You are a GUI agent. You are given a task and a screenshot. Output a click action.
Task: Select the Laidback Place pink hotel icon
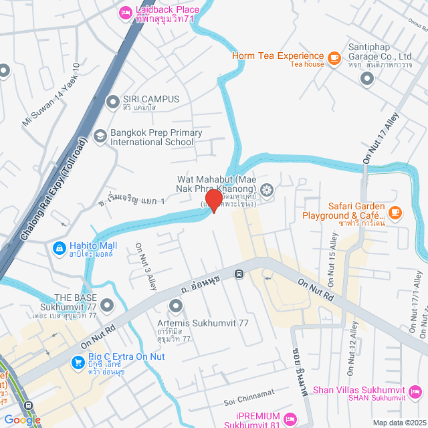coord(125,11)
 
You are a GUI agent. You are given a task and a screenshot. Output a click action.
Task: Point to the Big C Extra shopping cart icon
coord(79,362)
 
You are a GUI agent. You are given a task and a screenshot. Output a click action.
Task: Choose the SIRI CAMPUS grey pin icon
coord(112,102)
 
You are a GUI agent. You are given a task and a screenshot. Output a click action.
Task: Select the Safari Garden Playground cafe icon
coord(395,211)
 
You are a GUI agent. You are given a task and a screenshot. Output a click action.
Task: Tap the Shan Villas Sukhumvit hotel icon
coord(415,392)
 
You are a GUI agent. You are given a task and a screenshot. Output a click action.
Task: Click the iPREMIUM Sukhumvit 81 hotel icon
coord(290,419)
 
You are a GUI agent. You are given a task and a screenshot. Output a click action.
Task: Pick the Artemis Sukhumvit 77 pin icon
coord(176,306)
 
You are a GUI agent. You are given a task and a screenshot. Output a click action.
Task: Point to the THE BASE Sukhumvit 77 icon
coord(107,306)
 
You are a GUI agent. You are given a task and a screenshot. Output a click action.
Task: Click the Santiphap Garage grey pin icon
coord(366,79)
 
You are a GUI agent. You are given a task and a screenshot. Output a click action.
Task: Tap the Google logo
coord(22,419)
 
